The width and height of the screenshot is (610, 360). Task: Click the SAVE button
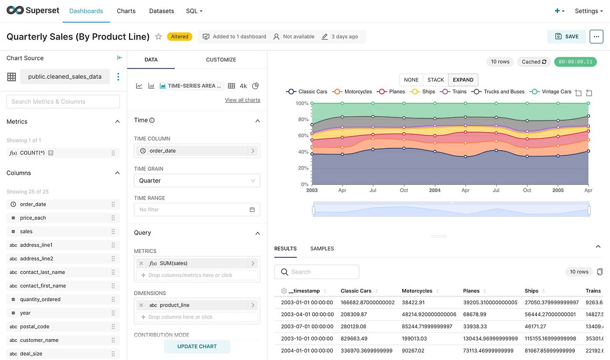567,37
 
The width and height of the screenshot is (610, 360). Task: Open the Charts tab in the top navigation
126,11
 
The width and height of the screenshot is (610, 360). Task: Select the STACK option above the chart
436,80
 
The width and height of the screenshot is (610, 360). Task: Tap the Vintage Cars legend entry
550,92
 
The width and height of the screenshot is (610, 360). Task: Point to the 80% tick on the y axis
303,120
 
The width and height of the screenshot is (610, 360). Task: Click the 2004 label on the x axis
435,190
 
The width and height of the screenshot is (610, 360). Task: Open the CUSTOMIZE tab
221,60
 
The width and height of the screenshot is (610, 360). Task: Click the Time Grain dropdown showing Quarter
197,180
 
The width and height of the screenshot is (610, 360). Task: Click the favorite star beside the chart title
158,37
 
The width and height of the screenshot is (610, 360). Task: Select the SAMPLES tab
322,249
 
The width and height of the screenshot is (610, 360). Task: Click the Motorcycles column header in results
417,291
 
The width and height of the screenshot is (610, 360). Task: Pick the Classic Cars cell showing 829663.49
354,339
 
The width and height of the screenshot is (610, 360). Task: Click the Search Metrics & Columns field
63,101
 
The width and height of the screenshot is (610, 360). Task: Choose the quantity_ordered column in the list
41,300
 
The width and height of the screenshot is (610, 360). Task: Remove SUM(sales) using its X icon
141,263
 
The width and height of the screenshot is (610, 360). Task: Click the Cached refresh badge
534,62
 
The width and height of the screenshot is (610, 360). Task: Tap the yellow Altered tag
180,37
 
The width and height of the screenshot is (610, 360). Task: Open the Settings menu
589,11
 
